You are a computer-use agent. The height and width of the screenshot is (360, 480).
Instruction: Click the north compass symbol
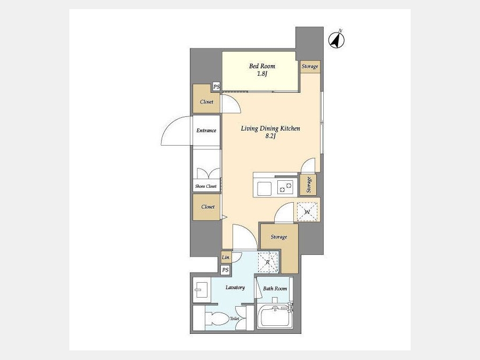337,39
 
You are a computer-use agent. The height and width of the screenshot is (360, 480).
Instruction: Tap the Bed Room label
262,66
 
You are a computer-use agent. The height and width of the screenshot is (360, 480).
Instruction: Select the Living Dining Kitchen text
270,129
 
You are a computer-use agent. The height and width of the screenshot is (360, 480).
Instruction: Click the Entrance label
206,131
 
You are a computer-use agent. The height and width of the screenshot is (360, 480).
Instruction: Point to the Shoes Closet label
206,186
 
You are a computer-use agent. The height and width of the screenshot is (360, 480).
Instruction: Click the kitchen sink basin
264,189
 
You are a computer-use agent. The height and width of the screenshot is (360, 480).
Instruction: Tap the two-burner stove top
285,187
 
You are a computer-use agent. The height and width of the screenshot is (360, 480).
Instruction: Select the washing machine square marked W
308,212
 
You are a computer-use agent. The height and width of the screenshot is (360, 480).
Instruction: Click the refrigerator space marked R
268,262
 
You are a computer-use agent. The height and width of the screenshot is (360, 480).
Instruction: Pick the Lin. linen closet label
226,258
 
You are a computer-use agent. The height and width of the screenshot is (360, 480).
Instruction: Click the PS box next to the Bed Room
217,86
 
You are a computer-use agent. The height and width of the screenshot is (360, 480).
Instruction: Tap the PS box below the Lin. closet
225,270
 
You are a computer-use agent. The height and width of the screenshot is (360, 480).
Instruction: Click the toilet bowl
217,319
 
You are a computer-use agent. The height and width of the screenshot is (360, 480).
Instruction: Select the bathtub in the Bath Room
275,317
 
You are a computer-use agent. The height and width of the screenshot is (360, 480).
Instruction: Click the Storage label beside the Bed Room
310,66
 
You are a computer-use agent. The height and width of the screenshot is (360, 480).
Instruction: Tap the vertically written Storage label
309,185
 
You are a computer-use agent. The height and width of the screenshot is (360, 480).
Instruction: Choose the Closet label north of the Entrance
206,102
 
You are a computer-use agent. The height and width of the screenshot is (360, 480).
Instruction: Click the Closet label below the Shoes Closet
208,207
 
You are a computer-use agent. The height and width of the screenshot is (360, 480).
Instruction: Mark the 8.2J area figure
270,136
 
